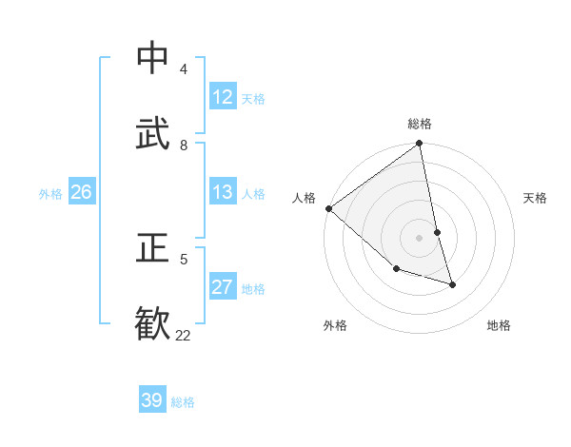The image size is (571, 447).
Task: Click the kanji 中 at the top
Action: (x=153, y=59)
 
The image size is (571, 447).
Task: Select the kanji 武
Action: (x=153, y=135)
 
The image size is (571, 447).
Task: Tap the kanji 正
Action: (x=153, y=248)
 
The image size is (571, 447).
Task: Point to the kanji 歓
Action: (x=153, y=323)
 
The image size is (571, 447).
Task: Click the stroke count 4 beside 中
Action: (x=183, y=69)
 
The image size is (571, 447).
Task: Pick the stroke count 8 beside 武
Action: (x=183, y=145)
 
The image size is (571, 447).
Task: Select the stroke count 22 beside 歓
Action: (x=183, y=335)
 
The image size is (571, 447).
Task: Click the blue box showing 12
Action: (x=223, y=97)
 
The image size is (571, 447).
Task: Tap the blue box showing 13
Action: (x=223, y=192)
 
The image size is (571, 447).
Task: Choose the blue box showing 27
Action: (x=223, y=287)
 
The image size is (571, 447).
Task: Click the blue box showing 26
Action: (x=81, y=192)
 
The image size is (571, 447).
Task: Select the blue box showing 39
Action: (x=152, y=400)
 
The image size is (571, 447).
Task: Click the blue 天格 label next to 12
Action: (x=253, y=99)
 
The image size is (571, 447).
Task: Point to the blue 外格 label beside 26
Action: (x=50, y=194)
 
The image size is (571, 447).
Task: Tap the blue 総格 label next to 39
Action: (x=183, y=402)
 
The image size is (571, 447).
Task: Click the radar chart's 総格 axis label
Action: (x=420, y=124)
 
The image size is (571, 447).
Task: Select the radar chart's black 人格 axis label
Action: (x=304, y=198)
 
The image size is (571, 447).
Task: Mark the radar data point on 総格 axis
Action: (x=419, y=145)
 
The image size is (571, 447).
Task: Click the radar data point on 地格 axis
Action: (x=452, y=284)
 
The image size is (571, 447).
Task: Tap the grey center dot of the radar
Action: (x=419, y=238)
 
